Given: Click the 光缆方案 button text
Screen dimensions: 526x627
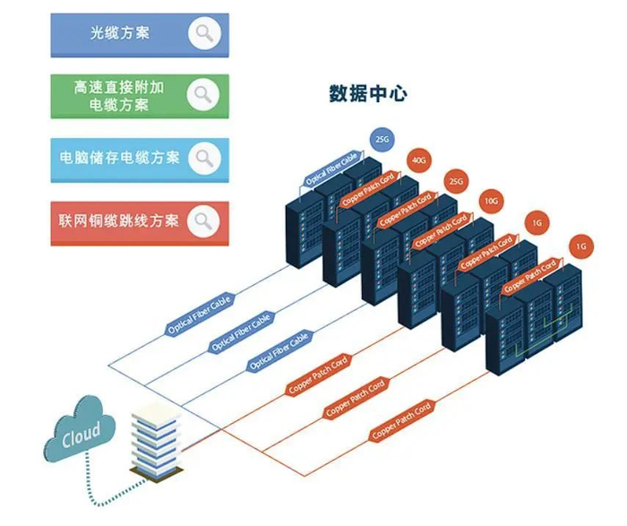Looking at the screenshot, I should click(x=120, y=35).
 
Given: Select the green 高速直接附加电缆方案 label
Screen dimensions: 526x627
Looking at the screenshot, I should click(x=120, y=97).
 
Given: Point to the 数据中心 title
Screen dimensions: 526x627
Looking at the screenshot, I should click(x=367, y=93).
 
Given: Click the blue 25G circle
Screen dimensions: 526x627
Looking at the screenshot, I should click(x=382, y=140).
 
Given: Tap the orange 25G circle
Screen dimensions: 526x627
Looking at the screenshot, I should click(x=456, y=182).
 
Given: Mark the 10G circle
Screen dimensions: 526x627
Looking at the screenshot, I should click(x=492, y=202).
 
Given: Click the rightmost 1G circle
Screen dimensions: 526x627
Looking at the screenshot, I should click(x=580, y=245).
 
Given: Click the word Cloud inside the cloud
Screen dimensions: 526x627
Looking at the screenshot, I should click(x=81, y=438).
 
